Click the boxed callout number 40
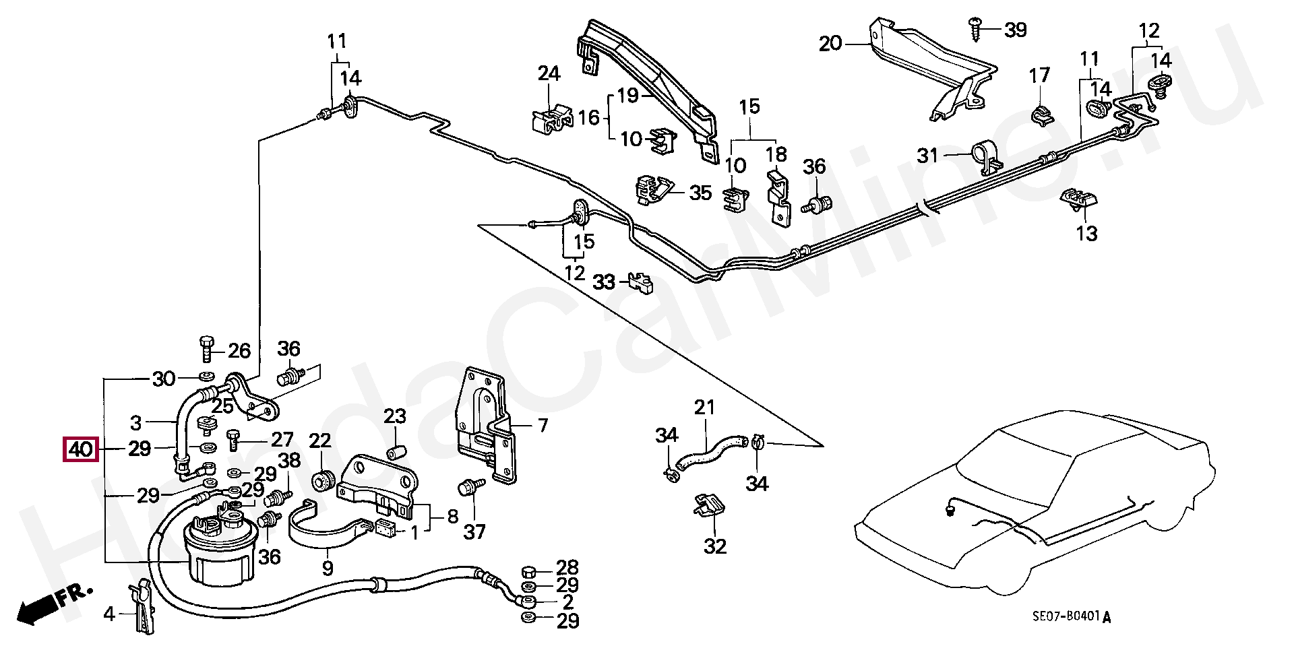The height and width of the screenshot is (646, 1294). click(81, 449)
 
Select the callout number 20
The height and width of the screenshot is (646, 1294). click(830, 44)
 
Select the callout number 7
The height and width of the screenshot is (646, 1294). click(543, 425)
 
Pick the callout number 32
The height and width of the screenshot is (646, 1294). click(715, 546)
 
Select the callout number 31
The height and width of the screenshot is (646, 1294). click(928, 156)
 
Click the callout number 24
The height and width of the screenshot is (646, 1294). click(549, 73)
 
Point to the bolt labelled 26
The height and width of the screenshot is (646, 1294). click(207, 349)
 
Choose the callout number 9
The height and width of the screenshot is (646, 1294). click(328, 568)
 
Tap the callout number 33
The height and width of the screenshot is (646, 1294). click(604, 282)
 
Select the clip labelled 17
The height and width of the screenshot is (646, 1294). click(1041, 114)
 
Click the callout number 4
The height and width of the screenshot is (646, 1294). click(109, 614)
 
